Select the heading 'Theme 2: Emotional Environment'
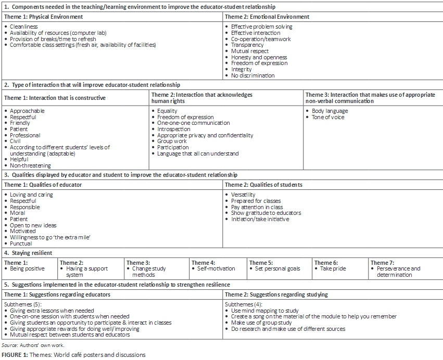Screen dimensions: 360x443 click(267, 17)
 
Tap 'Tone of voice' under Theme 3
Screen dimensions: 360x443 click(328, 117)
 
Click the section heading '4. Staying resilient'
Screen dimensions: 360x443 click(28, 253)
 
